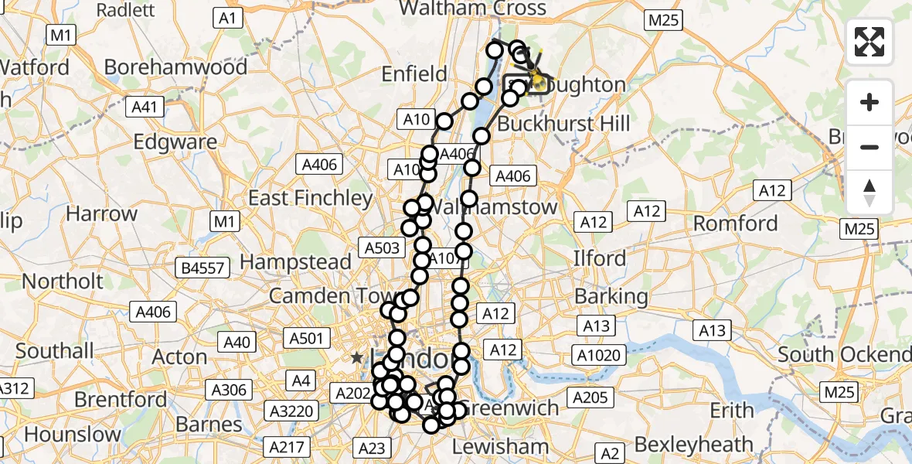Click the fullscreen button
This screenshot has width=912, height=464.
pyautogui.click(x=869, y=42)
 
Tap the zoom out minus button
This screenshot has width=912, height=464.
pyautogui.click(x=869, y=147)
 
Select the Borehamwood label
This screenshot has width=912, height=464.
pyautogui.click(x=175, y=67)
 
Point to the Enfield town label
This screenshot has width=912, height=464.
pyautogui.click(x=415, y=74)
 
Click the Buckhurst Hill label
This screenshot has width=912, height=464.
pyautogui.click(x=563, y=124)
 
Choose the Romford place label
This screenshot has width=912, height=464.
pyautogui.click(x=735, y=223)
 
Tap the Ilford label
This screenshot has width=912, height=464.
pyautogui.click(x=600, y=258)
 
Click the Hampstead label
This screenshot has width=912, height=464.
pyautogui.click(x=296, y=262)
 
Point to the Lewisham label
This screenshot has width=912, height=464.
pyautogui.click(x=500, y=446)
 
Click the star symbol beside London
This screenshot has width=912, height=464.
pyautogui.click(x=356, y=357)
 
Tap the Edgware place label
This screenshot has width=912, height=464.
pyautogui.click(x=175, y=142)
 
